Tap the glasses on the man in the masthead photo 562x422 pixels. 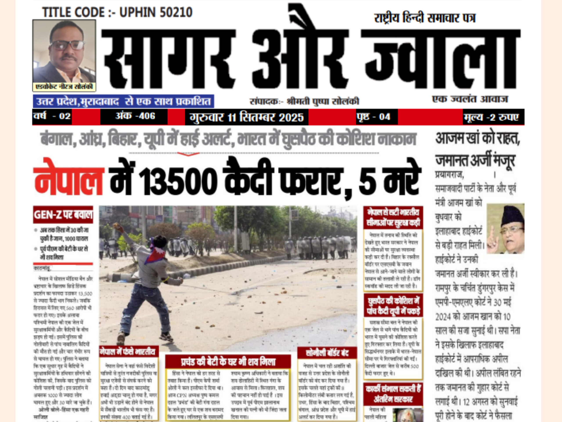[67, 45]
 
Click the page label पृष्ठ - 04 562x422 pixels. [373, 117]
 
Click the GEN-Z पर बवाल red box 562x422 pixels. [63, 215]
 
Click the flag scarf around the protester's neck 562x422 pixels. [155, 254]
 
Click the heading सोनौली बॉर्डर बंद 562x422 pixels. [327, 353]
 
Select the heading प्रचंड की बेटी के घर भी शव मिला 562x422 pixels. [228, 362]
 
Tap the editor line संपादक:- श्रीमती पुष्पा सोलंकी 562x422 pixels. [304, 102]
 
